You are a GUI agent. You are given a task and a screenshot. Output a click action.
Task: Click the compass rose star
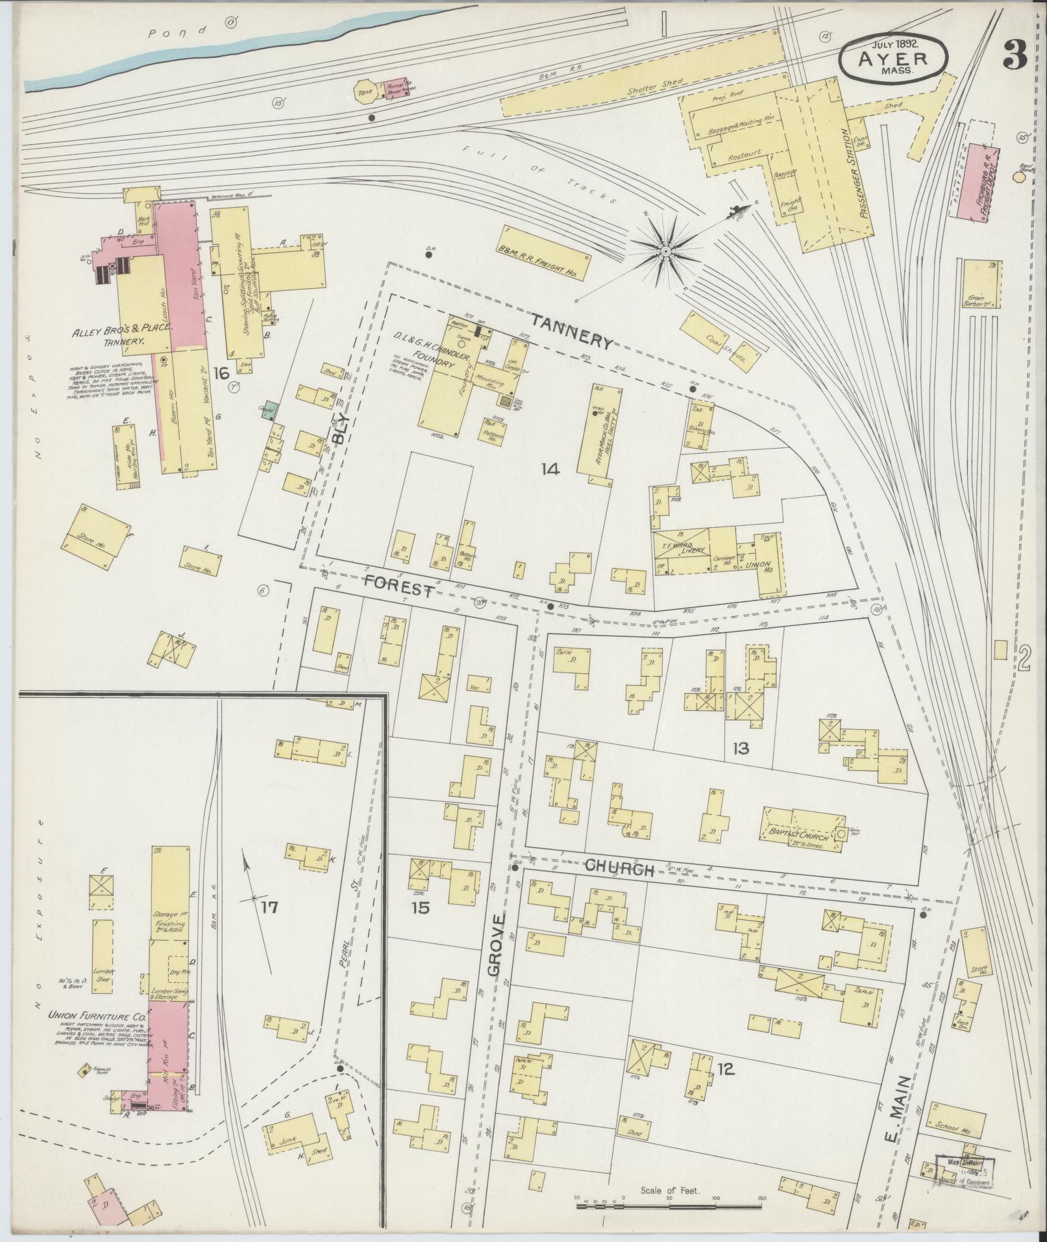[666, 250]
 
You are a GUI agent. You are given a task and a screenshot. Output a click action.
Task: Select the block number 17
[269, 907]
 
